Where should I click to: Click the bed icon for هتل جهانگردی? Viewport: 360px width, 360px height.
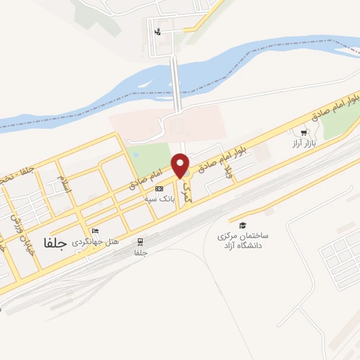coord(96,231)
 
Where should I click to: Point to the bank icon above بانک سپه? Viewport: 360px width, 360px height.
coord(159,188)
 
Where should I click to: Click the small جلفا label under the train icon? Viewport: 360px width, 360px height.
coord(141,252)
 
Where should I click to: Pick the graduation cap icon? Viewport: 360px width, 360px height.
coord(243,226)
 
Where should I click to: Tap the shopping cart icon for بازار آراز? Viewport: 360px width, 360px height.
coord(304,132)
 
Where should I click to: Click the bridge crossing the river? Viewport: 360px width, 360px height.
coord(176,84)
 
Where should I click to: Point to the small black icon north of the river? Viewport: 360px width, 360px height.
coord(157,32)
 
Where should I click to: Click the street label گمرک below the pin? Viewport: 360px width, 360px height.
coord(186,191)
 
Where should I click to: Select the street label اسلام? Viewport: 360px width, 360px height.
coord(64,186)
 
